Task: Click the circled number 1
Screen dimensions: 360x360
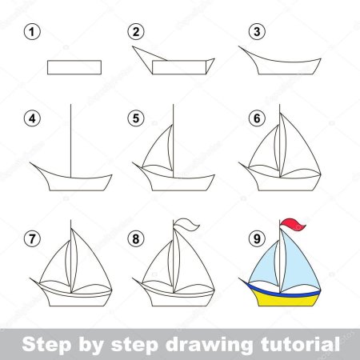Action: tap(32, 32)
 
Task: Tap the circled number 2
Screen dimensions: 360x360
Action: tap(136, 32)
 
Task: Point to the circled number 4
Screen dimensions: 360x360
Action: tap(32, 118)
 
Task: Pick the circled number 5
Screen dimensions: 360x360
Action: tap(136, 118)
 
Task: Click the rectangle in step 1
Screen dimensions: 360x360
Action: tap(74, 66)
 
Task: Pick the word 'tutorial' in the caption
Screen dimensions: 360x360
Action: tap(300, 345)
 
